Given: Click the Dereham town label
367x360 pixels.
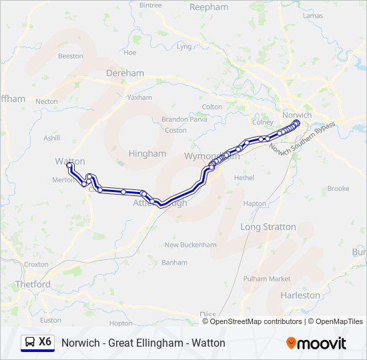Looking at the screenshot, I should (125, 73).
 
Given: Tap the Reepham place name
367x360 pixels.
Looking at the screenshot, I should (209, 7).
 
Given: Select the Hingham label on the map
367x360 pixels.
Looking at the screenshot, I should (147, 153).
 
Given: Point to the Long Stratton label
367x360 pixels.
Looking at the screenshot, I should (268, 227).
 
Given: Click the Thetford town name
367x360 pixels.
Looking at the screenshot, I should (33, 285).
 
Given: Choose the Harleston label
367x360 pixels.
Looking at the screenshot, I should (300, 295).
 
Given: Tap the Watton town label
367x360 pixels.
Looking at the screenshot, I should (70, 161).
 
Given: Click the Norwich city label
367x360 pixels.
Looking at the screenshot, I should (297, 115).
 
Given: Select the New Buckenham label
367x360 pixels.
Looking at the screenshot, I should (190, 245).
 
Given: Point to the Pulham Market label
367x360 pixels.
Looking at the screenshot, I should (267, 279).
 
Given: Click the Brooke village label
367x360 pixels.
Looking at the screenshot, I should (338, 189).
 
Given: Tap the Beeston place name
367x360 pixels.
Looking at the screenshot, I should (71, 57).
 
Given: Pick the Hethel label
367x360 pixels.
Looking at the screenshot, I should (244, 179).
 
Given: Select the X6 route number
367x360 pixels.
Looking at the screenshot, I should (45, 342).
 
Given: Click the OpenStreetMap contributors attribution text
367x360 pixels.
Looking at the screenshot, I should (253, 321).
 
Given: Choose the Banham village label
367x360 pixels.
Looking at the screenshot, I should (175, 263).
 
